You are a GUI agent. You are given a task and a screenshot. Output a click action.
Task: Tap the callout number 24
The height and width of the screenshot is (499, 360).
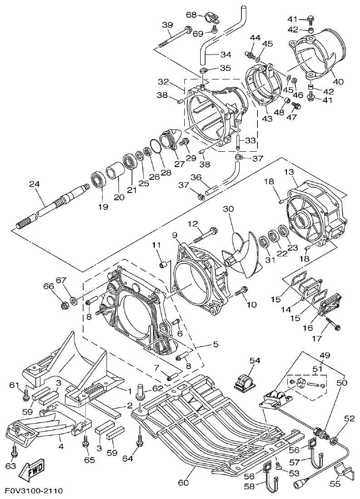point(35,184)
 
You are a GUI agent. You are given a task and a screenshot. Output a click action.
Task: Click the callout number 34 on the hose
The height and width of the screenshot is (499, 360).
point(226,55)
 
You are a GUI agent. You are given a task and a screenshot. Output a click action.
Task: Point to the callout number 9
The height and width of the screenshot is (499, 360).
point(175,235)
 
